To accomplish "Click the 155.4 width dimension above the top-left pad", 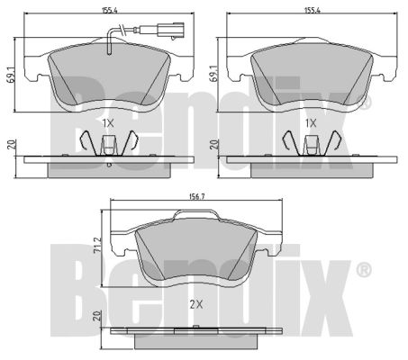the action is [110, 10].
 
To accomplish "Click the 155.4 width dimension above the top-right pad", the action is [313, 10].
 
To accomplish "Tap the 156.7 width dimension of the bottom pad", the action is [196, 197].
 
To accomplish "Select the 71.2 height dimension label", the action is [96, 246].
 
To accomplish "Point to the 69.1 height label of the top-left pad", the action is [11, 75].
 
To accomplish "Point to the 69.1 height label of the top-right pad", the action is [213, 74].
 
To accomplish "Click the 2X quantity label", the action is [196, 305].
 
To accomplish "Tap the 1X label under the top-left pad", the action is [108, 123].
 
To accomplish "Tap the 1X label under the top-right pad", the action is [311, 123].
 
